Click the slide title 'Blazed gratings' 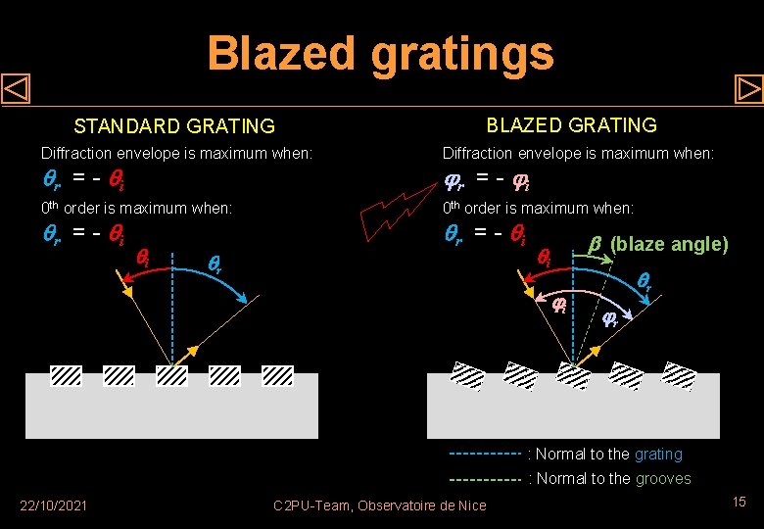point(380,54)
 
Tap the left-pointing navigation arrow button point(17,90)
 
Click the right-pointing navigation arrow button point(748,90)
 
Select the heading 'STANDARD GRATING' point(175,126)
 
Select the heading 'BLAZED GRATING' point(572,124)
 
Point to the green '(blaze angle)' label point(669,244)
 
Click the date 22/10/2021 point(54,505)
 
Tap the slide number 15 point(739,502)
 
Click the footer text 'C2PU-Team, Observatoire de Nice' point(380,505)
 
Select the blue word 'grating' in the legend point(658,455)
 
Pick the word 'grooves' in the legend point(663,479)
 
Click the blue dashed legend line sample point(484,455)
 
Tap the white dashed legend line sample point(484,480)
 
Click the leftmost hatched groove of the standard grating point(66,375)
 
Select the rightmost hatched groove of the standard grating point(278,375)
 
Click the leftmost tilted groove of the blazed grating point(467,375)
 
